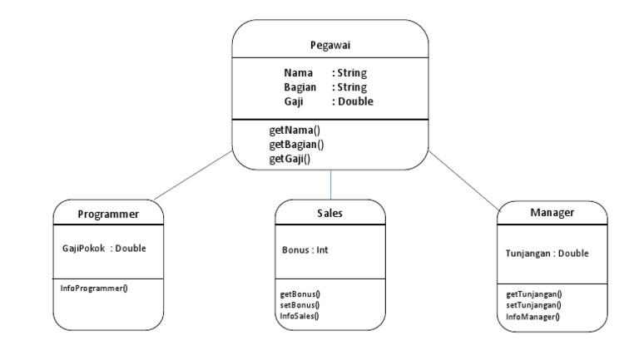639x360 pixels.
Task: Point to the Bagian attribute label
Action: [x=300, y=87]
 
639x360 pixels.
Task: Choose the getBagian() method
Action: [x=296, y=144]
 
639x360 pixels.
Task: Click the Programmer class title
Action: [x=107, y=215]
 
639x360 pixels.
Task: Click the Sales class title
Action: [x=329, y=214]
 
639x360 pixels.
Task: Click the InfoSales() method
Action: [x=300, y=315]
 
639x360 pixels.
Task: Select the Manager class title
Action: [x=552, y=213]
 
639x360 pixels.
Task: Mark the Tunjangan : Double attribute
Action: [x=547, y=254]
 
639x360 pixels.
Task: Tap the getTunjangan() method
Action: [x=532, y=294]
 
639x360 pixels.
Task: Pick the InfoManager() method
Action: [x=532, y=316]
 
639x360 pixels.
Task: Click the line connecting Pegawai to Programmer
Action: [x=193, y=176]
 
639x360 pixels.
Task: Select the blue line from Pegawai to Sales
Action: [x=330, y=185]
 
